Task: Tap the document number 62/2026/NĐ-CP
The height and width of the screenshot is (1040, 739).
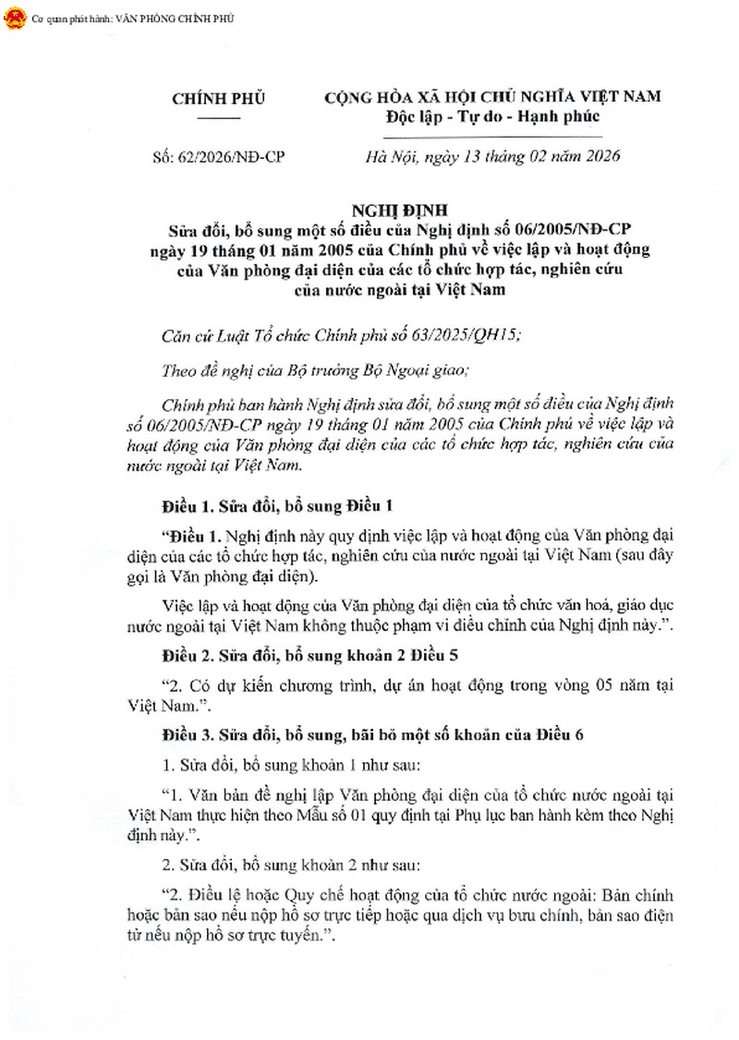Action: [218, 157]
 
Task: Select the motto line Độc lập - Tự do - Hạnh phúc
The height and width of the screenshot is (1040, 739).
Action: [493, 116]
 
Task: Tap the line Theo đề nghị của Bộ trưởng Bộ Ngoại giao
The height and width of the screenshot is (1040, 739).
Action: [315, 371]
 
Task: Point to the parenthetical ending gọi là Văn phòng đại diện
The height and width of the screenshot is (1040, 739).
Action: [224, 578]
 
